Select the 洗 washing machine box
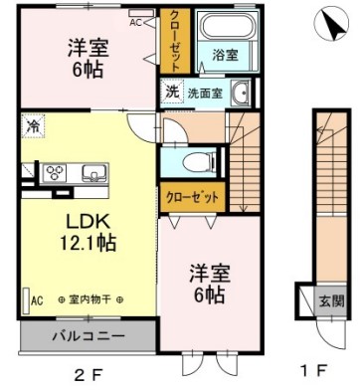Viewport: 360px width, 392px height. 171,94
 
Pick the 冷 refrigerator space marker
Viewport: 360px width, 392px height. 33,127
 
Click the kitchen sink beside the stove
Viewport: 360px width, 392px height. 93,171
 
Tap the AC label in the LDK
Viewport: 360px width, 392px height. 37,299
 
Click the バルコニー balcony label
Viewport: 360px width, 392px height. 89,336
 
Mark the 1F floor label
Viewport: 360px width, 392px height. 313,375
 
